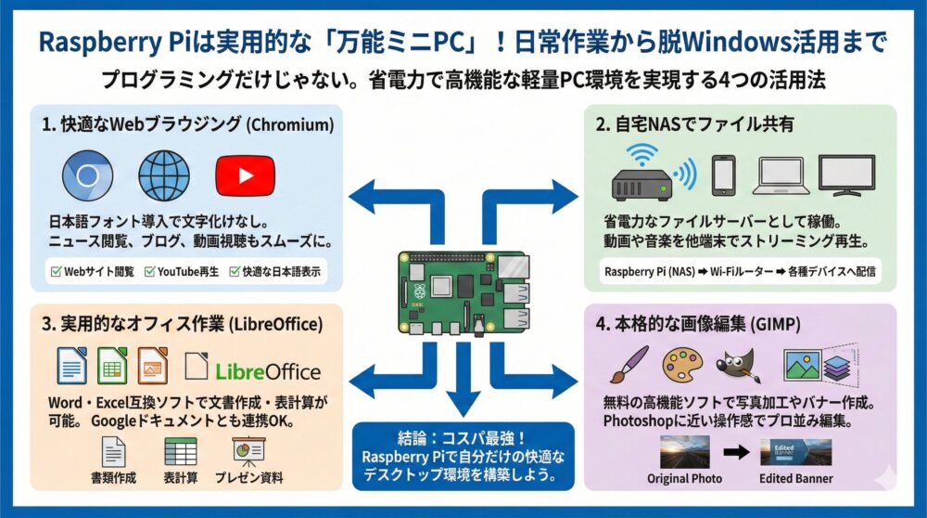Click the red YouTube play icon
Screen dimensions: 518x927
coord(245,176)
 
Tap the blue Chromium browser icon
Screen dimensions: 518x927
coord(92,176)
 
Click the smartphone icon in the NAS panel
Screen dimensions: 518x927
coord(724,175)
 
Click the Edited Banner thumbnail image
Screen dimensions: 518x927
coord(794,452)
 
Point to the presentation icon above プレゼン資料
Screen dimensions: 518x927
coord(247,451)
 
